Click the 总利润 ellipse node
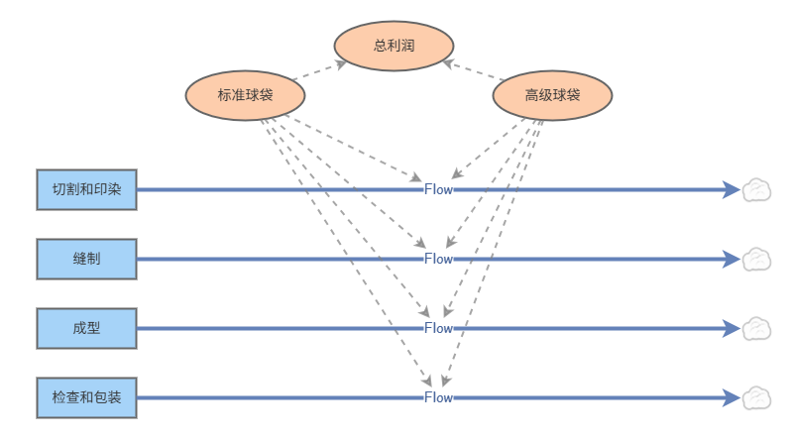point(394,46)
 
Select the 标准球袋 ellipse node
point(245,95)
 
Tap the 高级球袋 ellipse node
point(552,95)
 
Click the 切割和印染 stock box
point(87,189)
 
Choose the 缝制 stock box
point(87,259)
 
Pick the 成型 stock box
point(87,328)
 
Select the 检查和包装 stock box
point(87,397)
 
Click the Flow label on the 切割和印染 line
point(439,189)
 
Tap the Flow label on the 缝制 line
point(439,259)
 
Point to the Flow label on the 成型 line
point(439,328)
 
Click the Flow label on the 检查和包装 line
point(439,397)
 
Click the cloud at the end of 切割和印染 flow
point(756,190)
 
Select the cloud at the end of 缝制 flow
point(756,260)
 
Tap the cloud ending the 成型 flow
point(756,328)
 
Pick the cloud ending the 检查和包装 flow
point(756,397)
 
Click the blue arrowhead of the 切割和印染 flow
point(732,189)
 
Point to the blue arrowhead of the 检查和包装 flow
point(732,397)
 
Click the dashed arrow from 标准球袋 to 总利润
point(319,70)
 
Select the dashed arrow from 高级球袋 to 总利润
point(473,70)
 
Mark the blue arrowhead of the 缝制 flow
point(732,259)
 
